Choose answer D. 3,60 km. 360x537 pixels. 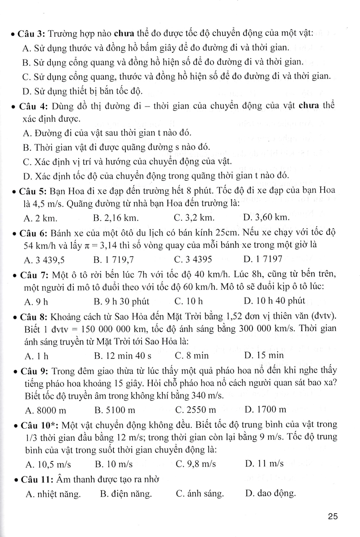tap(267, 218)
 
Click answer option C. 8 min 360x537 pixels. tap(192, 356)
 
